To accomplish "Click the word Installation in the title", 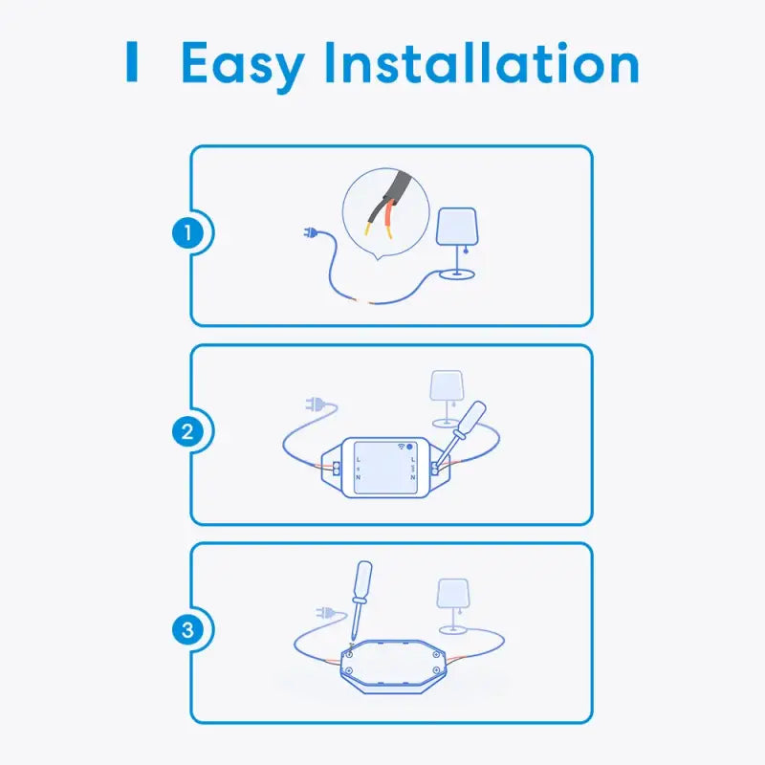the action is pos(482,62).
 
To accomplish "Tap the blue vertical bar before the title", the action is pos(132,61).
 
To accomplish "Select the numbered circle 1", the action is pos(187,232).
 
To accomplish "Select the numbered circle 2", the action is pos(187,432).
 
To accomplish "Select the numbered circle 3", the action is pos(187,629).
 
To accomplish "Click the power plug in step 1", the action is pos(311,232).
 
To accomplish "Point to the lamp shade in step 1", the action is pos(457,227).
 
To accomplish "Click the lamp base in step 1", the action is pos(457,274).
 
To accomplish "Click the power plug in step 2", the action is pos(315,404).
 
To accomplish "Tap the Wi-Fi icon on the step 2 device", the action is pos(401,446).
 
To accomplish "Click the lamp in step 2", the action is pos(447,399).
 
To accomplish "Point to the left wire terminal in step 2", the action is pos(337,469).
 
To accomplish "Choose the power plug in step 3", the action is pos(325,612).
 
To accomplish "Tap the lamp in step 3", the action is pos(453,606).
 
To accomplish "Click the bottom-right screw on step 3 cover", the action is pos(437,671).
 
